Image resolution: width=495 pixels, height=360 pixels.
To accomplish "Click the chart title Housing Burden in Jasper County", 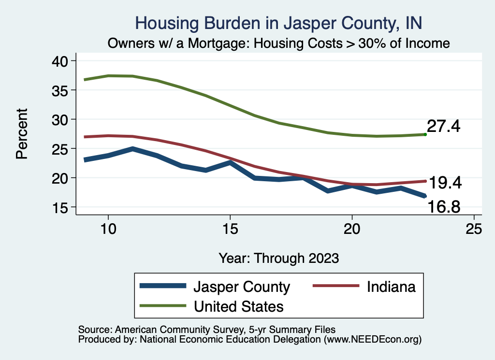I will (x=279, y=23).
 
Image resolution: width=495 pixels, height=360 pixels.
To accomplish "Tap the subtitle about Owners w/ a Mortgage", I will (x=279, y=43).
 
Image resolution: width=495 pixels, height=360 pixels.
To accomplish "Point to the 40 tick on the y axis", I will (x=60, y=60).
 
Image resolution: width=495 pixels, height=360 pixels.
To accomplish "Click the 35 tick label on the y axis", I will (x=60, y=90).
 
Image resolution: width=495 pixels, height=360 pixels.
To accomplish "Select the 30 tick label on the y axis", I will (x=60, y=119).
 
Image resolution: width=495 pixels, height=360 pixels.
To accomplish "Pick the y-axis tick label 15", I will (x=60, y=207).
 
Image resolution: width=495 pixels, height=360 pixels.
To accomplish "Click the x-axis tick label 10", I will (x=108, y=229).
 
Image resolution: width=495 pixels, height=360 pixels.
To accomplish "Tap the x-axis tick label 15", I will (x=230, y=229).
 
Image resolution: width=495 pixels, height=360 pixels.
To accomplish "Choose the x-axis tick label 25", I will (x=474, y=229).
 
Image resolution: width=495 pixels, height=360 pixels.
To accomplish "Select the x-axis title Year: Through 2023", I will (x=279, y=258).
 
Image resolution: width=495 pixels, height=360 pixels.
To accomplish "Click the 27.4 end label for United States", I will (x=443, y=127).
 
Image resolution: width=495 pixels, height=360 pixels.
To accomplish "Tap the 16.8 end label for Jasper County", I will (x=443, y=207).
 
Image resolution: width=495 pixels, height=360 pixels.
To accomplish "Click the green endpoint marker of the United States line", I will (x=425, y=134).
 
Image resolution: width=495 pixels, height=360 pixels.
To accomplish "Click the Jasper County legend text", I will (x=242, y=287).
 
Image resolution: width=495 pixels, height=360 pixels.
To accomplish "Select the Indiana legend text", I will (x=391, y=287).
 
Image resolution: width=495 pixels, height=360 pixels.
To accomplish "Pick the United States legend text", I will (x=238, y=306).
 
